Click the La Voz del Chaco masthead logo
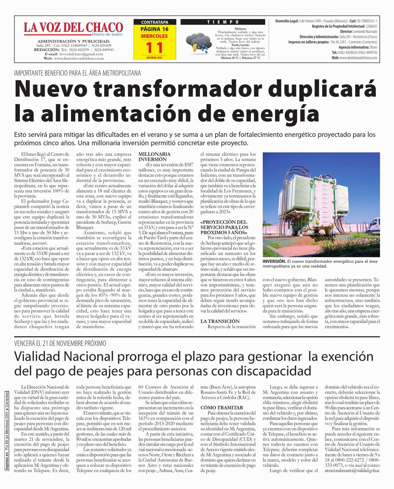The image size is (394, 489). [x=73, y=28]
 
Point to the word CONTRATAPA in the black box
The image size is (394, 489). [x=154, y=22]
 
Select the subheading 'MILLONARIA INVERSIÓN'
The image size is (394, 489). [x=154, y=156]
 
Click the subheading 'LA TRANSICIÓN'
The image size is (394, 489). [x=220, y=321]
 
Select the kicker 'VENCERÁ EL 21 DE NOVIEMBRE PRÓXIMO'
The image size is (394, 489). [x=60, y=343]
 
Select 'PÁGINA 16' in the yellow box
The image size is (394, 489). [x=154, y=29]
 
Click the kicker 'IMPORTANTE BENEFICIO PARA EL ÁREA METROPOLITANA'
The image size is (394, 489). [x=77, y=73]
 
